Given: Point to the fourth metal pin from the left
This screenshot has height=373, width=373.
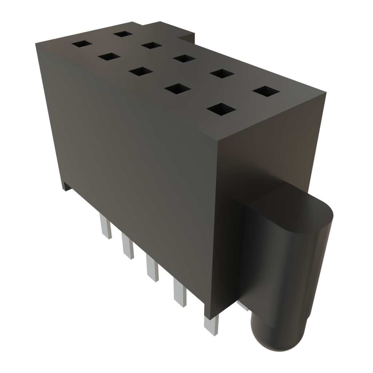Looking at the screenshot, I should click(180, 293).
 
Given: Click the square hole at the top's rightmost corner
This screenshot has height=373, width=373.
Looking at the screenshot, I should click(266, 91).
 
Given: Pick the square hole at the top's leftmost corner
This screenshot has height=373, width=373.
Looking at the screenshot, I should click(82, 44).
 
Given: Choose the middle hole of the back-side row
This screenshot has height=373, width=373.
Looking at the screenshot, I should click(184, 58).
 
